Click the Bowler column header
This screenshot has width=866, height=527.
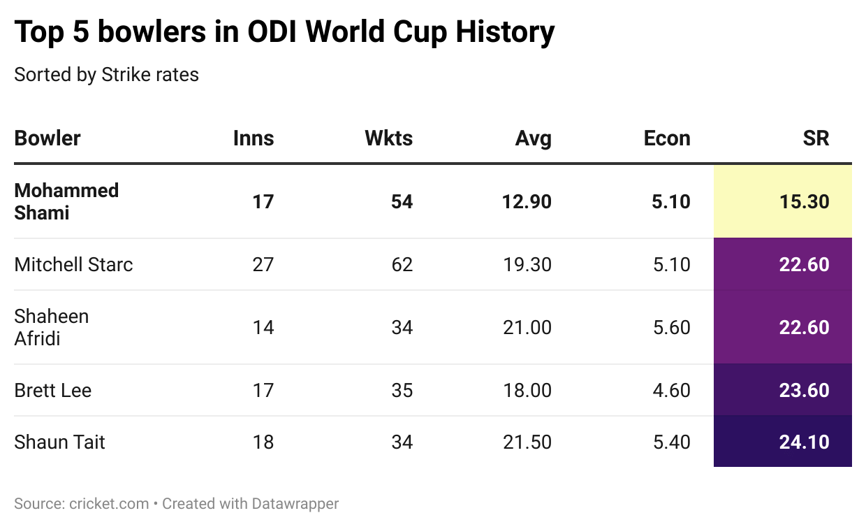coord(47,138)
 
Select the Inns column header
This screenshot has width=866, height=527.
coord(254,138)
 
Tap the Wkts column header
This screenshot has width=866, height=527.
coord(388,138)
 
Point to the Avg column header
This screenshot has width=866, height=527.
coord(533,138)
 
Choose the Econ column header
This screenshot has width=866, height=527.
coord(667,138)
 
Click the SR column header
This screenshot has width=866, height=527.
coord(816,138)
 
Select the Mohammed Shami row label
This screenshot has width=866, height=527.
coord(66,201)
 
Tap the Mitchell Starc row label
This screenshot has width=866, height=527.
coord(73,264)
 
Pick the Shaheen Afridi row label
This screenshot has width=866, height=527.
coord(52,327)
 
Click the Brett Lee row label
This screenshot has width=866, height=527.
coord(53,390)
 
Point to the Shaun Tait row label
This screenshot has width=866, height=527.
coord(59,442)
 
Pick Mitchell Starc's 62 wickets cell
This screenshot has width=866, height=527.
coord(402,264)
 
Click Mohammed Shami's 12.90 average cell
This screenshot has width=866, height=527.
coord(527,202)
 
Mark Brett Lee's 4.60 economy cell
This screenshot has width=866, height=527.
coord(671,390)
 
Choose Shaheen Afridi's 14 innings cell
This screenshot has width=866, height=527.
coord(263,327)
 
